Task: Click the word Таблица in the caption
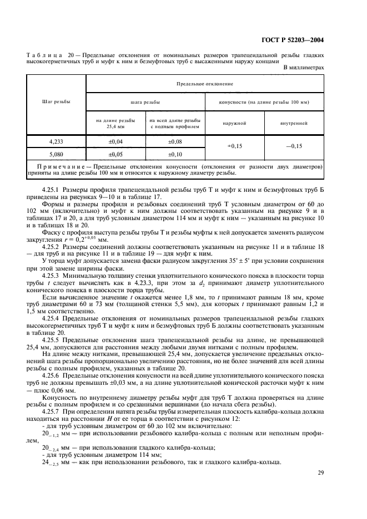43,55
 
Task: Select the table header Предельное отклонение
204,83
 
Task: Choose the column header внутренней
294,123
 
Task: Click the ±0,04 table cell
115,142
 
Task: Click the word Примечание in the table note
61,166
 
